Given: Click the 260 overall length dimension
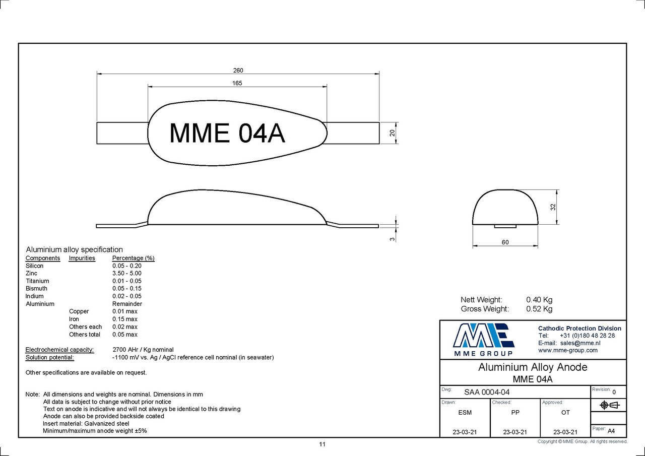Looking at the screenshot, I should pos(238,71).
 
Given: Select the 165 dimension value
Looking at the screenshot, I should pos(237,83).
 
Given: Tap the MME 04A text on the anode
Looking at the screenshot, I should pos(227,133).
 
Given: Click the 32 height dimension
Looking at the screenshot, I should pos(553,207).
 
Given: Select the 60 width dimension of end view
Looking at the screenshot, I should pos(505,242).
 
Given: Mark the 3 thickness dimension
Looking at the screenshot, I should pos(392,238).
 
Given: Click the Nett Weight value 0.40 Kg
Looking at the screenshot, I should pos(539,300).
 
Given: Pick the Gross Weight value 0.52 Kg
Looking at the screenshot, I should pos(539,309).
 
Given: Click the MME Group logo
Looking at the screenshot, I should pos(483,339).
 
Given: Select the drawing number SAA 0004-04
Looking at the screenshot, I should pos(487,392).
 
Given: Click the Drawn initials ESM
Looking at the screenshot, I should pos(465,413).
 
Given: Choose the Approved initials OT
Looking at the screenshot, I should pos(565,413).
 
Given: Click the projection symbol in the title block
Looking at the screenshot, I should pos(610,405).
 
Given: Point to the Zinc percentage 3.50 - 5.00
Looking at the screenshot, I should pos(126,273).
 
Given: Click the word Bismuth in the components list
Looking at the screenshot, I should pos(36,289).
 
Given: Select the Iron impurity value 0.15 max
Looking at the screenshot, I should pos(124,319).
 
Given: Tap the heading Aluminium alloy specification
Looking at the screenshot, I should pos(74,249).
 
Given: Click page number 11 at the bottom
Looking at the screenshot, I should pos(322,444).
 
